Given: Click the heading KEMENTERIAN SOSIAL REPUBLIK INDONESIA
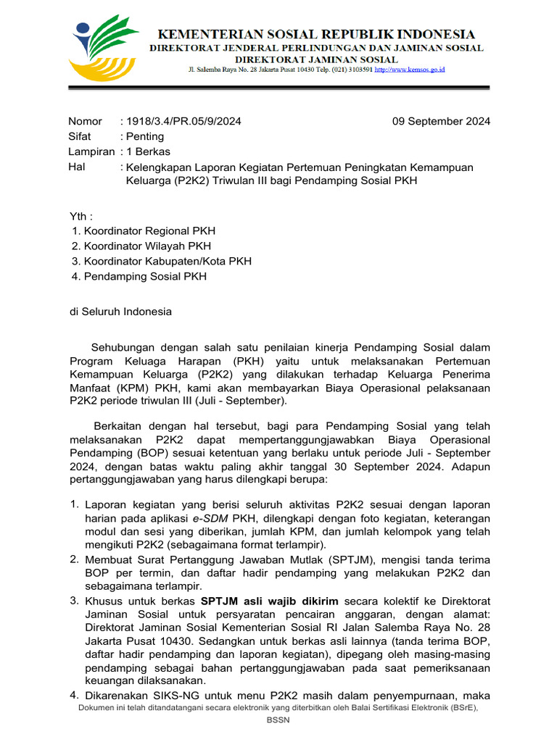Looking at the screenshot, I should pos(317,34).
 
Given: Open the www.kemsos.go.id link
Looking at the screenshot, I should pos(410,70).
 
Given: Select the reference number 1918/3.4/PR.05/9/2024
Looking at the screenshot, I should pos(184,121).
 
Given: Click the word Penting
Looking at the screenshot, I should pos(145,136).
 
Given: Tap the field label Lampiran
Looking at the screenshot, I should pos(91,151).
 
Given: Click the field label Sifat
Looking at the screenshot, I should pos(80,136).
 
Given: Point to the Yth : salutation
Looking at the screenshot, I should pos(81,216).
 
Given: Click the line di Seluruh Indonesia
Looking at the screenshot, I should pos(120,312).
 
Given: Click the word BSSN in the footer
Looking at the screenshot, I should pos(278,721).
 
